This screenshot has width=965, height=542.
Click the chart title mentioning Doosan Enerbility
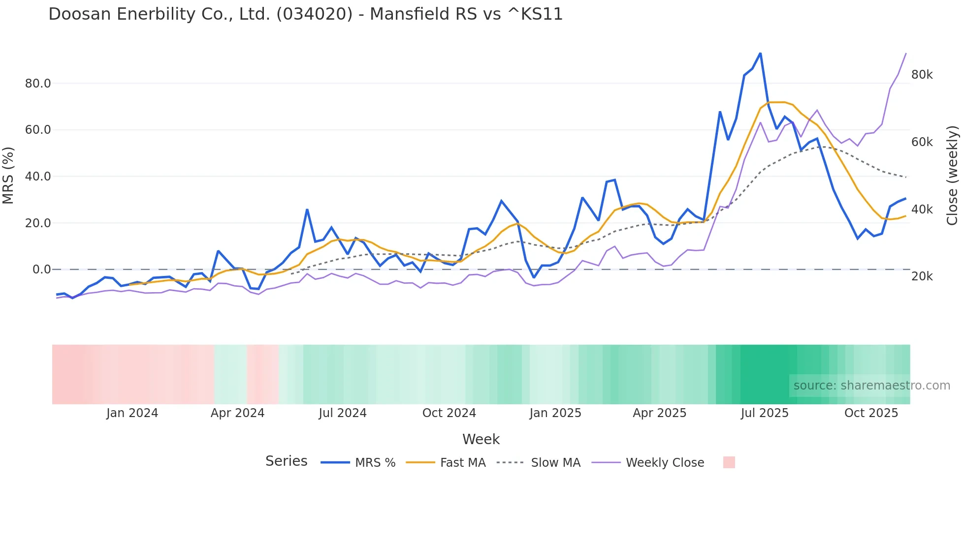tap(305, 14)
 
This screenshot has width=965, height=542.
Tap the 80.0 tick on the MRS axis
tap(38, 84)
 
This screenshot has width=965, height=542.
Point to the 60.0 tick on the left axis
tap(38, 130)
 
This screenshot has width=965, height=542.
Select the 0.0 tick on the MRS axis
tap(41, 270)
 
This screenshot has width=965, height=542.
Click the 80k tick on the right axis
tap(922, 75)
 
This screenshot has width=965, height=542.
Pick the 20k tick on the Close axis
tap(922, 276)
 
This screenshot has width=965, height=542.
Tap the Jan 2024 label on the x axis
tap(132, 413)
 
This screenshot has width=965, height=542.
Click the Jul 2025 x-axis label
tap(765, 413)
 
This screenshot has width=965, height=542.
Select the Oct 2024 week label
tap(449, 413)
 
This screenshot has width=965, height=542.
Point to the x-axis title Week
tap(481, 439)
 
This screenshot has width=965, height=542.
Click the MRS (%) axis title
tap(8, 176)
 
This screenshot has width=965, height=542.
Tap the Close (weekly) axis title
tap(952, 176)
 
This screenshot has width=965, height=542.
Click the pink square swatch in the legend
tap(729, 462)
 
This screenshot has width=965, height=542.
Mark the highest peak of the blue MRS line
tap(760, 53)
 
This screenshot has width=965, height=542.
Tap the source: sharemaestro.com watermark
tap(871, 386)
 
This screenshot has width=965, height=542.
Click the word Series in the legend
tap(286, 461)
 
